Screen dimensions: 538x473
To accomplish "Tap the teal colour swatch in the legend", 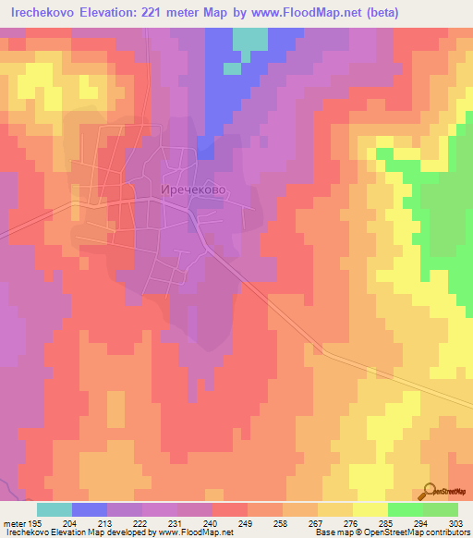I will pyautogui.click(x=55, y=509).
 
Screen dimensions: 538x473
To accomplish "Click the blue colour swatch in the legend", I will pyautogui.click(x=90, y=509).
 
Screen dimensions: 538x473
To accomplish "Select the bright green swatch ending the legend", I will pyautogui.click(x=441, y=509).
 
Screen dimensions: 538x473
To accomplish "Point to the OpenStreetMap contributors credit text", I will pyautogui.click(x=434, y=532).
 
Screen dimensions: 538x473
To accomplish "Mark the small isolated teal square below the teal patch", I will pyautogui.click(x=231, y=67).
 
